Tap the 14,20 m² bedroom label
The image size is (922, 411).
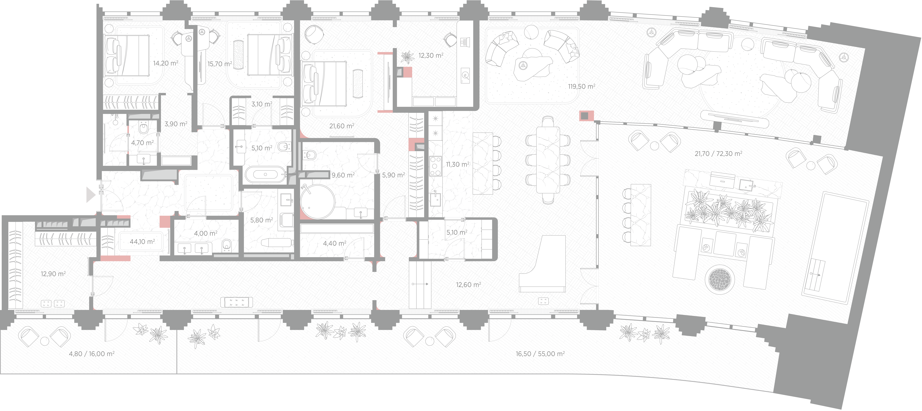pyautogui.click(x=165, y=63)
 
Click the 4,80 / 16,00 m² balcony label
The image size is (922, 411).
pyautogui.click(x=92, y=354)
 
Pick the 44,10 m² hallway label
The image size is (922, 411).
pyautogui.click(x=142, y=242)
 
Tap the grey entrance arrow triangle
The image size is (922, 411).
pyautogui.click(x=91, y=195)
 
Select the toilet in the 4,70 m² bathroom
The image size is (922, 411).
pyautogui.click(x=144, y=127)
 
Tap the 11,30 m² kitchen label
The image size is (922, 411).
pyautogui.click(x=457, y=165)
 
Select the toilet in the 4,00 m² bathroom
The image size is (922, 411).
pyautogui.click(x=226, y=245)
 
